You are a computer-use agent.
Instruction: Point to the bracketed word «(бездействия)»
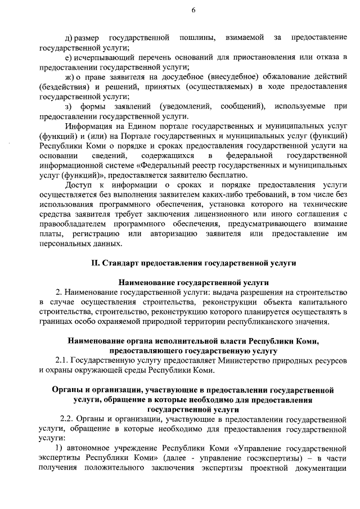click(64, 87)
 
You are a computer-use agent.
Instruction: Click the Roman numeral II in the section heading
click(95, 263)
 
